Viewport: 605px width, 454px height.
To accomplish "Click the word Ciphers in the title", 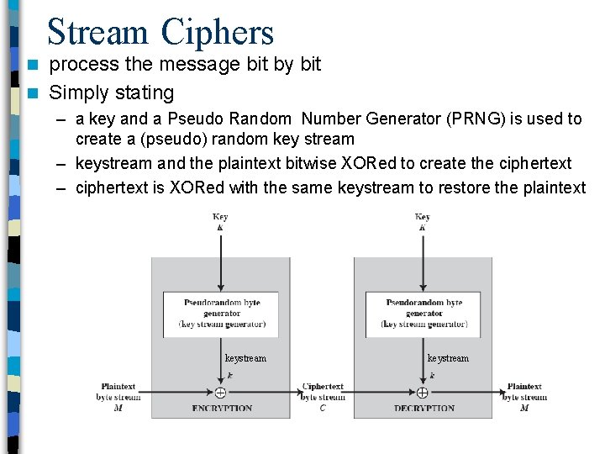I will coord(218,32).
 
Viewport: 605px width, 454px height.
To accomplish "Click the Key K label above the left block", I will coord(220,222).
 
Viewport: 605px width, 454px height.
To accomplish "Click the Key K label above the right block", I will coord(423,222).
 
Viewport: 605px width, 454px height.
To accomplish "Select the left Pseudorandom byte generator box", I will coord(222,314).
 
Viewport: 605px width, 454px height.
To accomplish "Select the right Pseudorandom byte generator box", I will coord(424,314).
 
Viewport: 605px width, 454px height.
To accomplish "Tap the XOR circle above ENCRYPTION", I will coord(220,393).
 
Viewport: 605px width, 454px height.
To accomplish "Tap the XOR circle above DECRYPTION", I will coord(423,393).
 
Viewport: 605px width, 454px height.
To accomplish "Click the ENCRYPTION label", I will coord(222,409).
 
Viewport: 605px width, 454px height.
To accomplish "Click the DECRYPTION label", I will coord(424,409).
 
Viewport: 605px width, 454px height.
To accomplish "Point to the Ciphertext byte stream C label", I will coord(323,397).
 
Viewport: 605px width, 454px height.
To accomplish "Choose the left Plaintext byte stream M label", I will coord(118,397).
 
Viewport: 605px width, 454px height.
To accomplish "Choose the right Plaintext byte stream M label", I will coord(524,397).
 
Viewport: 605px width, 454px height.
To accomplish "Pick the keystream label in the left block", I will coord(245,358).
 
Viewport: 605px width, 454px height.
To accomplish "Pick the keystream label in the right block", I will coord(448,358).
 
